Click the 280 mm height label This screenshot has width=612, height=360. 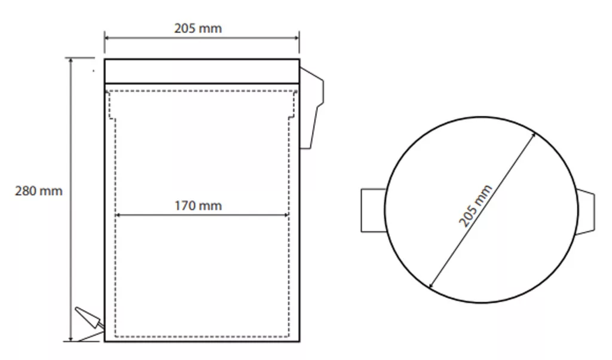pos(39,191)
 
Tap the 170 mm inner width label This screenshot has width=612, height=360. pos(198,205)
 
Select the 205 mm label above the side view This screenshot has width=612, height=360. pos(198,28)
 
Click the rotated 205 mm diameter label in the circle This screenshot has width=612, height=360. pos(475,206)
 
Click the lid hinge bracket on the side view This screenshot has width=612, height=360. pos(311,108)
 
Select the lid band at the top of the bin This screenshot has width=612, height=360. pos(202,71)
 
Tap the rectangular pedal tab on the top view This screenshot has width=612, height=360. pos(374,210)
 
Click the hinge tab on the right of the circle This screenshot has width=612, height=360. pos(586,212)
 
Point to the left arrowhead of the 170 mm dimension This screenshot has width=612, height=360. pos(118,215)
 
